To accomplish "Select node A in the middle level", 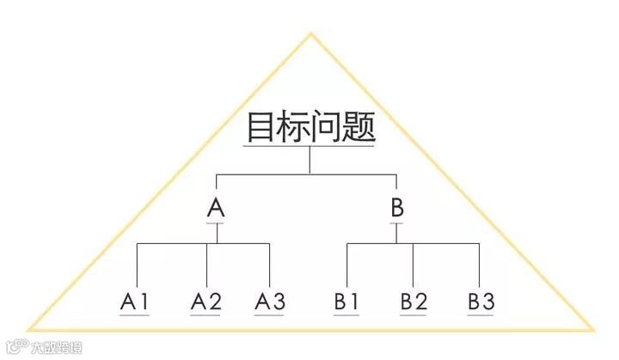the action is click(217, 207).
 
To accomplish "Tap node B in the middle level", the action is click(396, 207).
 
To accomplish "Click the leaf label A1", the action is click(136, 302).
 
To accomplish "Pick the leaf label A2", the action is click(205, 302).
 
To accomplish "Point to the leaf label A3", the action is click(270, 302).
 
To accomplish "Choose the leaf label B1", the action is click(347, 302).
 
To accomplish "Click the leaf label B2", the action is click(414, 302).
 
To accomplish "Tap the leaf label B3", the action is click(481, 302).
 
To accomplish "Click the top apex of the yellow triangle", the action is click(310, 35).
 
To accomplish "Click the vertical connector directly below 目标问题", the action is click(310, 161).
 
